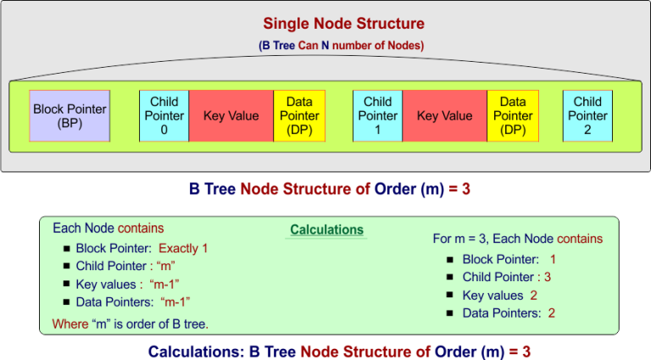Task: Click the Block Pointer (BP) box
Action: [70, 116]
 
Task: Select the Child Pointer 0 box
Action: [164, 116]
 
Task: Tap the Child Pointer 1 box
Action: [377, 116]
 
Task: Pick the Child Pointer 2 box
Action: [587, 116]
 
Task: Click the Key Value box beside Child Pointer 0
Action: [231, 116]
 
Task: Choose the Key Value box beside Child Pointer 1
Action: [444, 116]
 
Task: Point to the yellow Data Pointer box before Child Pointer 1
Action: [299, 116]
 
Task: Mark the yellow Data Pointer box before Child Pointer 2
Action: [513, 116]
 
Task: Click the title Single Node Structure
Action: [343, 24]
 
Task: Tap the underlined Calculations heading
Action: [326, 230]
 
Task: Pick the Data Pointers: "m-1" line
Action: [132, 302]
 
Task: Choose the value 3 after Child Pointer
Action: [548, 277]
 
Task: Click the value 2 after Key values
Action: [533, 295]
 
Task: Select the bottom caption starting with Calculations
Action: [339, 351]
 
